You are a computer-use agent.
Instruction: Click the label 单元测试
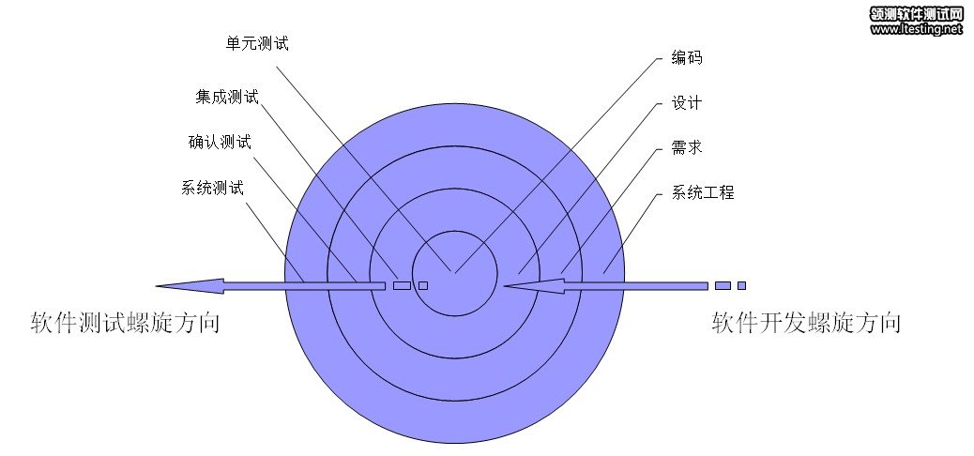[257, 43]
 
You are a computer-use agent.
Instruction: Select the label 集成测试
[227, 98]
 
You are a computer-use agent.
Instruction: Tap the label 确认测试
[220, 143]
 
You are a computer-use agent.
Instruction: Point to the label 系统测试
[212, 188]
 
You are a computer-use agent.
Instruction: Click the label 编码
[687, 58]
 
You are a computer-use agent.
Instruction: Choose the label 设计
[687, 102]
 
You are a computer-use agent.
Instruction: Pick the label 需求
[687, 147]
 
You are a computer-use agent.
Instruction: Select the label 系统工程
[703, 192]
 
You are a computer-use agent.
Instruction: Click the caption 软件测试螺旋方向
[125, 324]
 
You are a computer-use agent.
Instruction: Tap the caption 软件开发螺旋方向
[806, 324]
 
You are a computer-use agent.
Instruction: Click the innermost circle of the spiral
[455, 273]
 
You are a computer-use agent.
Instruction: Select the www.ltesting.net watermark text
[916, 28]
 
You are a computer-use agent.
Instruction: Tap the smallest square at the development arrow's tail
[741, 286]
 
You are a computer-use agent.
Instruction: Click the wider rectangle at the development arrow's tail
[723, 286]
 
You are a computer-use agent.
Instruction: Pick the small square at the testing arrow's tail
[423, 286]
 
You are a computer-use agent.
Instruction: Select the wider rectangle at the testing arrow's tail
[402, 286]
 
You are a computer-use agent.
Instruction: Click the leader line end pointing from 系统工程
[602, 273]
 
